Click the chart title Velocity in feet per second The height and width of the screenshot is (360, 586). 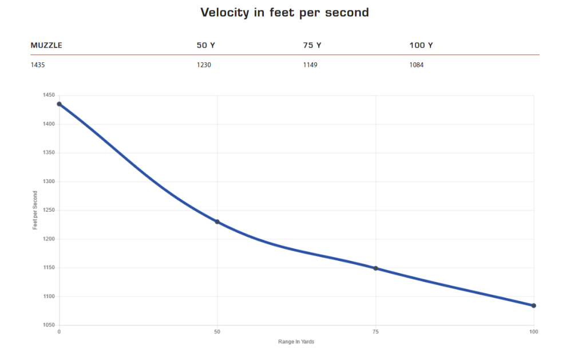[284, 12]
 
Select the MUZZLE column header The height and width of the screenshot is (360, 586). [46, 45]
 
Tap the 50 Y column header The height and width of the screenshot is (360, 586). [206, 45]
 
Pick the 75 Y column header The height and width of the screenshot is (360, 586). [312, 45]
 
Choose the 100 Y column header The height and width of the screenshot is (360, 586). [421, 45]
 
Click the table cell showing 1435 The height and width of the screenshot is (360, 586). [38, 65]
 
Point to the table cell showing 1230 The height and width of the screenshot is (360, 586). [204, 65]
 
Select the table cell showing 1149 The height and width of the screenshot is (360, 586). [310, 65]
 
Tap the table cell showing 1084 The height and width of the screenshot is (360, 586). [417, 65]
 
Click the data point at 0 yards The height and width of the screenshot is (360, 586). [59, 104]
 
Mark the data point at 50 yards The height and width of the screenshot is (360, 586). [217, 222]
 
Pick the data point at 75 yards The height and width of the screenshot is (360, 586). [376, 268]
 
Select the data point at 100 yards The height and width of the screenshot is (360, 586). [534, 306]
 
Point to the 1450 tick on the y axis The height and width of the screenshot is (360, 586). [49, 96]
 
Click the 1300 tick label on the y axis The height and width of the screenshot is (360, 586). [49, 181]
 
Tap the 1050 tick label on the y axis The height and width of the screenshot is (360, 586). [49, 325]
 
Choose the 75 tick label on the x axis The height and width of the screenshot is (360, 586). [376, 332]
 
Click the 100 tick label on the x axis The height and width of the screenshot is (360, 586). [534, 332]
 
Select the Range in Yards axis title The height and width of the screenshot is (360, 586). [296, 342]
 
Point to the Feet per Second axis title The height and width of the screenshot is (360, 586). [35, 210]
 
